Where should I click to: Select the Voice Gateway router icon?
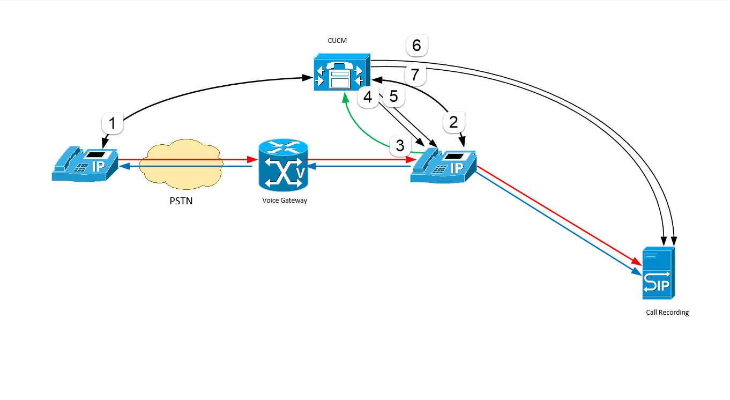pos(282,165)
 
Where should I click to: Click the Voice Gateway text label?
pos(285,201)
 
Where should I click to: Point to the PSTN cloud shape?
pos(181,165)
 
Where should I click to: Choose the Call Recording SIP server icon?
pos(659,273)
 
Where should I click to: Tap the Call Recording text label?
pos(667,313)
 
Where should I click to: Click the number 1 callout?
pos(112,124)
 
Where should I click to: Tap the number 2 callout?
pos(453,122)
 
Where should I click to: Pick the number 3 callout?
pos(400,145)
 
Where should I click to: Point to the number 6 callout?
pos(416,46)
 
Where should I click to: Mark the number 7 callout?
pos(415,75)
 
